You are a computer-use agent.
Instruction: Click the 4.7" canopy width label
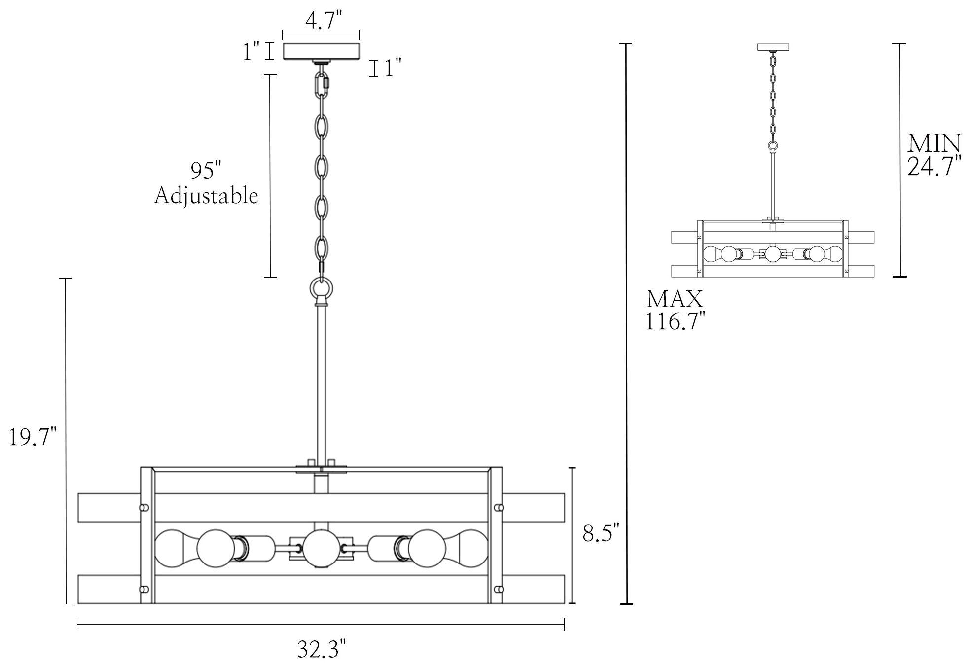(323, 21)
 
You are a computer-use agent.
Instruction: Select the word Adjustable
(206, 196)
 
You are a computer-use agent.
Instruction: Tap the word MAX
(675, 299)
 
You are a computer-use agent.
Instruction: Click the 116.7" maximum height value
(675, 322)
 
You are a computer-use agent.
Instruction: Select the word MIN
(934, 143)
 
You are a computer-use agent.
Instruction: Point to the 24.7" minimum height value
(935, 167)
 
